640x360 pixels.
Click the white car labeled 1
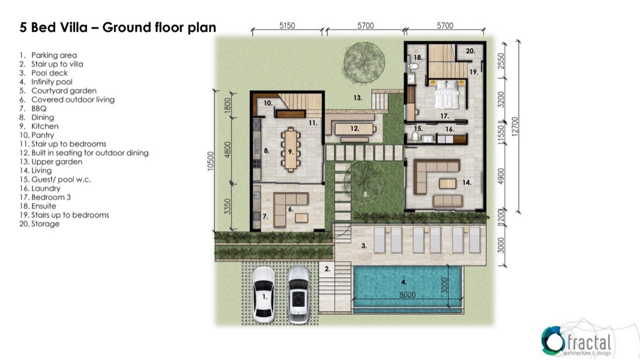(264, 295)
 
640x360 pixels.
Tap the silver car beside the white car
(298, 295)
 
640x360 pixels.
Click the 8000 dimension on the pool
(407, 295)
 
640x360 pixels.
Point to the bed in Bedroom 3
(447, 95)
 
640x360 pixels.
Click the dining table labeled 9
(290, 149)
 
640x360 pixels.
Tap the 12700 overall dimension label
(515, 127)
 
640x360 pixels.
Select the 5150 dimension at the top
(287, 26)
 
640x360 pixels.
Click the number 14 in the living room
(467, 183)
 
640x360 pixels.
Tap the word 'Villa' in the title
(74, 27)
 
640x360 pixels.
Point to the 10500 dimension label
(210, 161)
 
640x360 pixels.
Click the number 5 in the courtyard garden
(366, 194)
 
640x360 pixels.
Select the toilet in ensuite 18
(414, 66)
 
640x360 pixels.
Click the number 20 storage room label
(470, 51)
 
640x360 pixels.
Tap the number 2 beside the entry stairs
(328, 269)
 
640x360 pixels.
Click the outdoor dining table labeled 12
(355, 129)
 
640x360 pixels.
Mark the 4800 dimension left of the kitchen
(227, 149)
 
